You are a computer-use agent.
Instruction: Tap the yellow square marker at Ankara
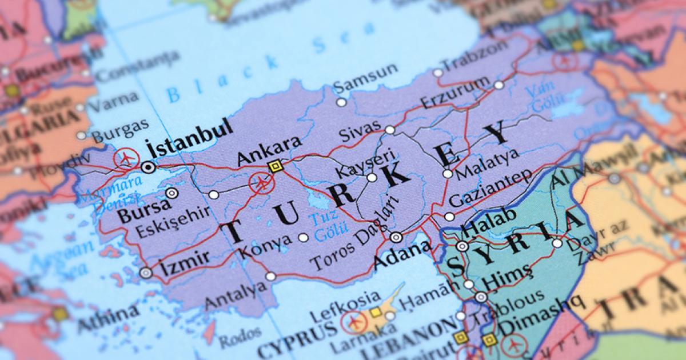(x=276, y=166)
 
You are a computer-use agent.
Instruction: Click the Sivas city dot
(x=389, y=130)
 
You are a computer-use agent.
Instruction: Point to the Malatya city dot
(x=447, y=174)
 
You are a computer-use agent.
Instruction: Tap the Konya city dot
(x=303, y=237)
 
